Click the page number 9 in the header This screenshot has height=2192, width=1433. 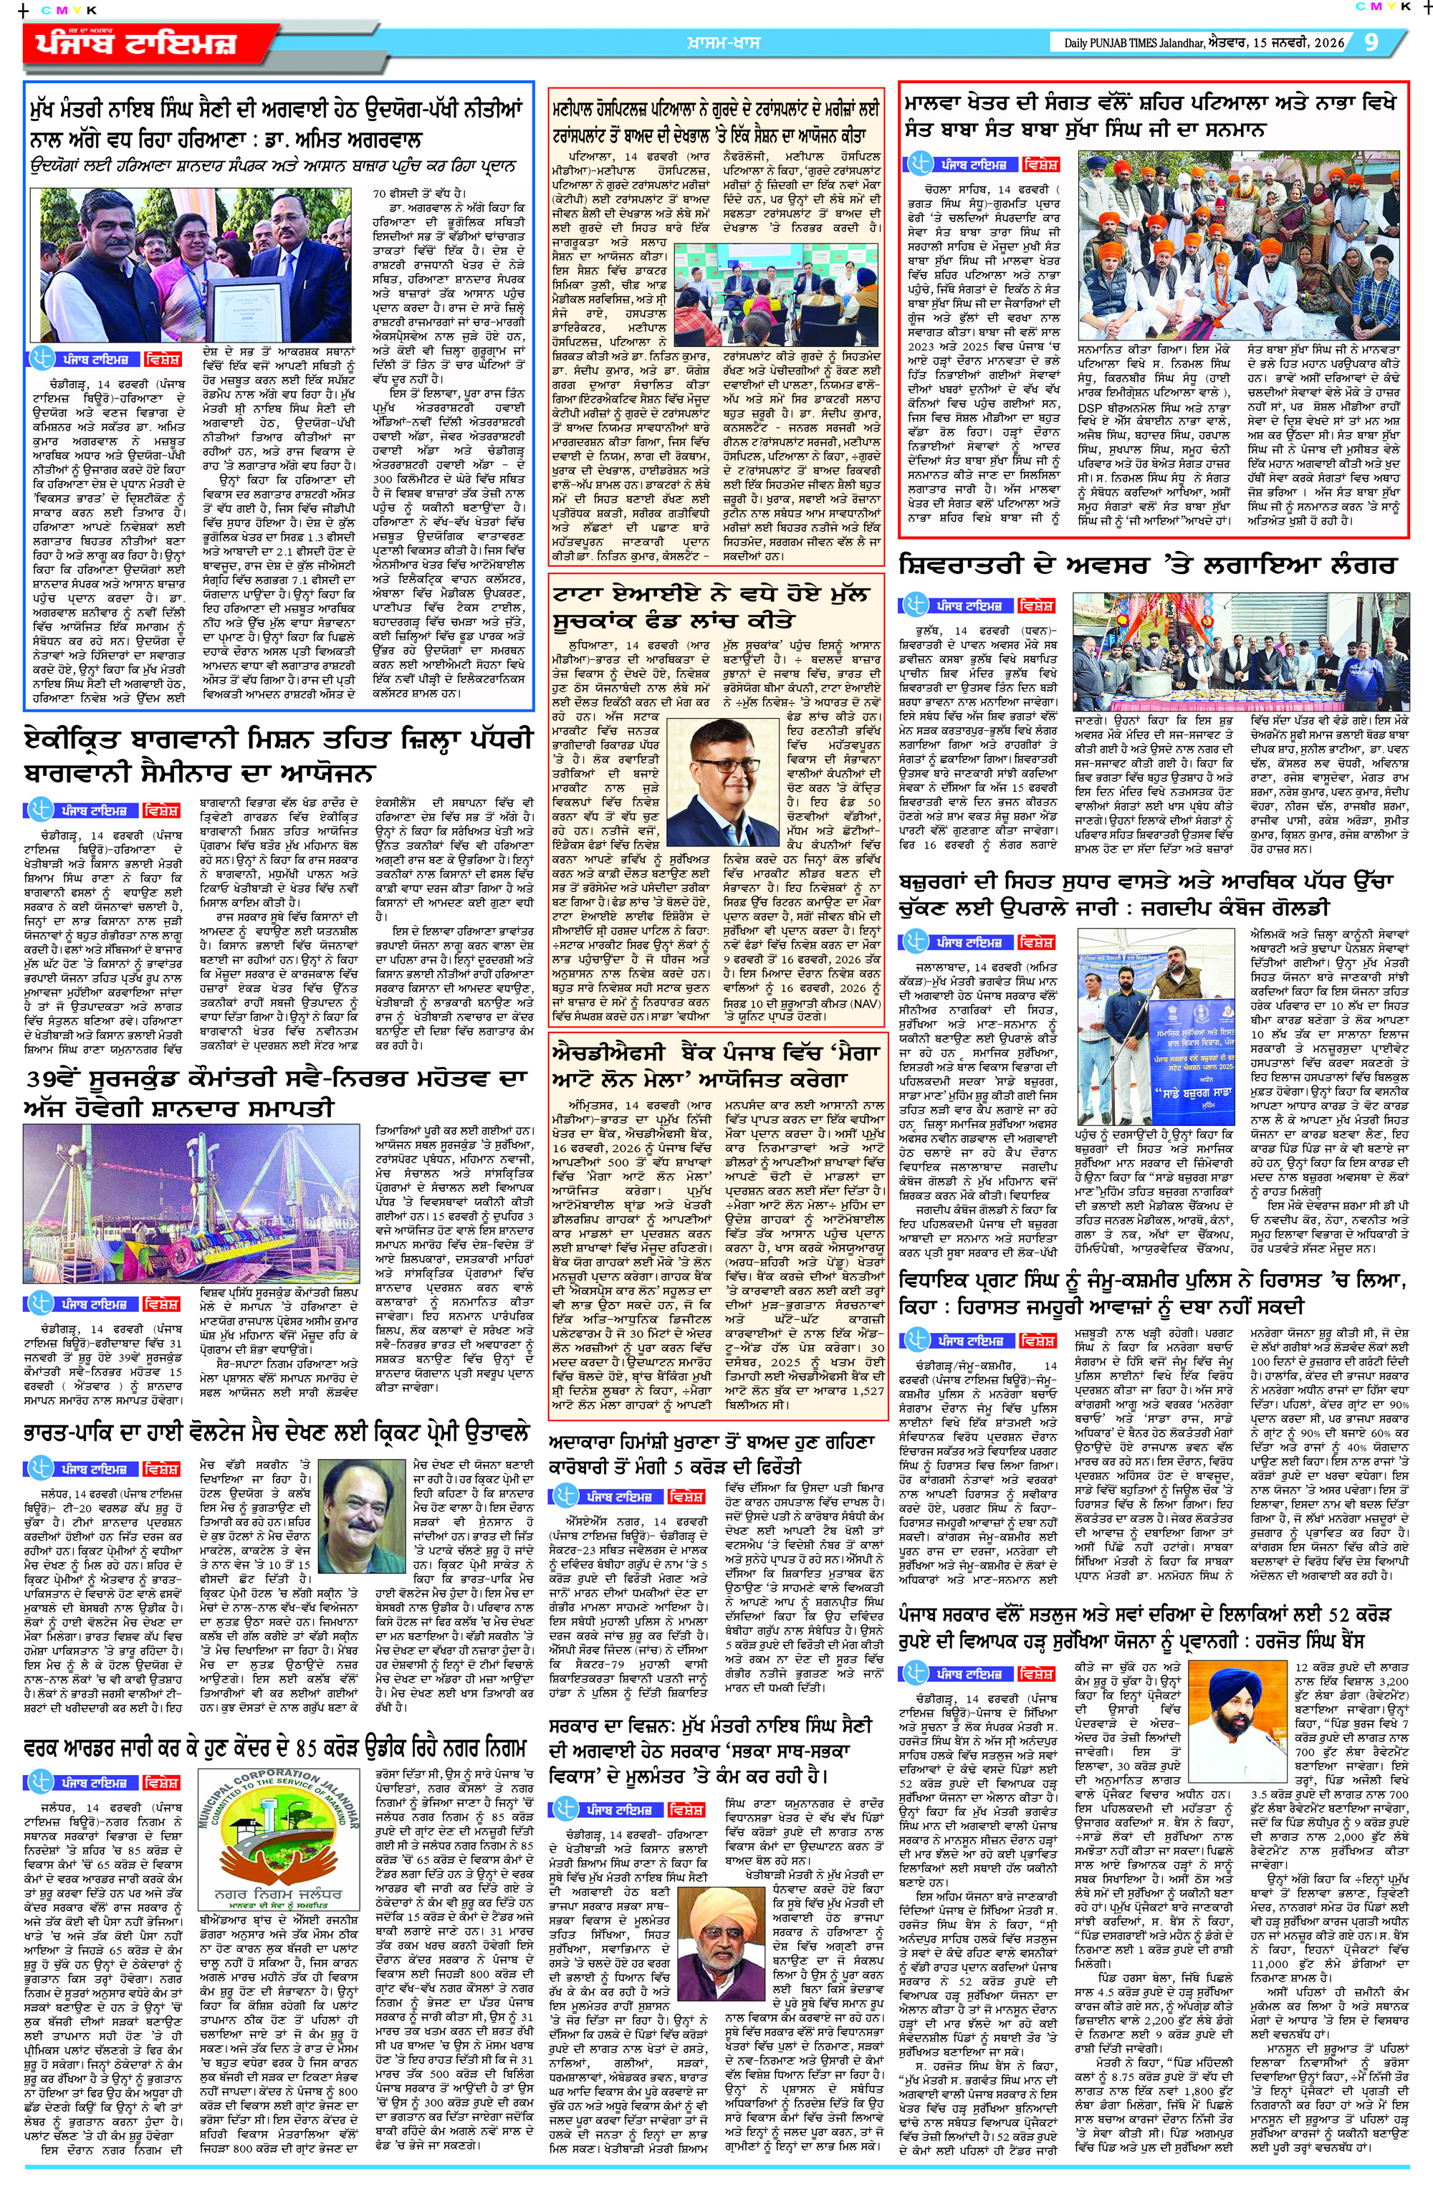1371,42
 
